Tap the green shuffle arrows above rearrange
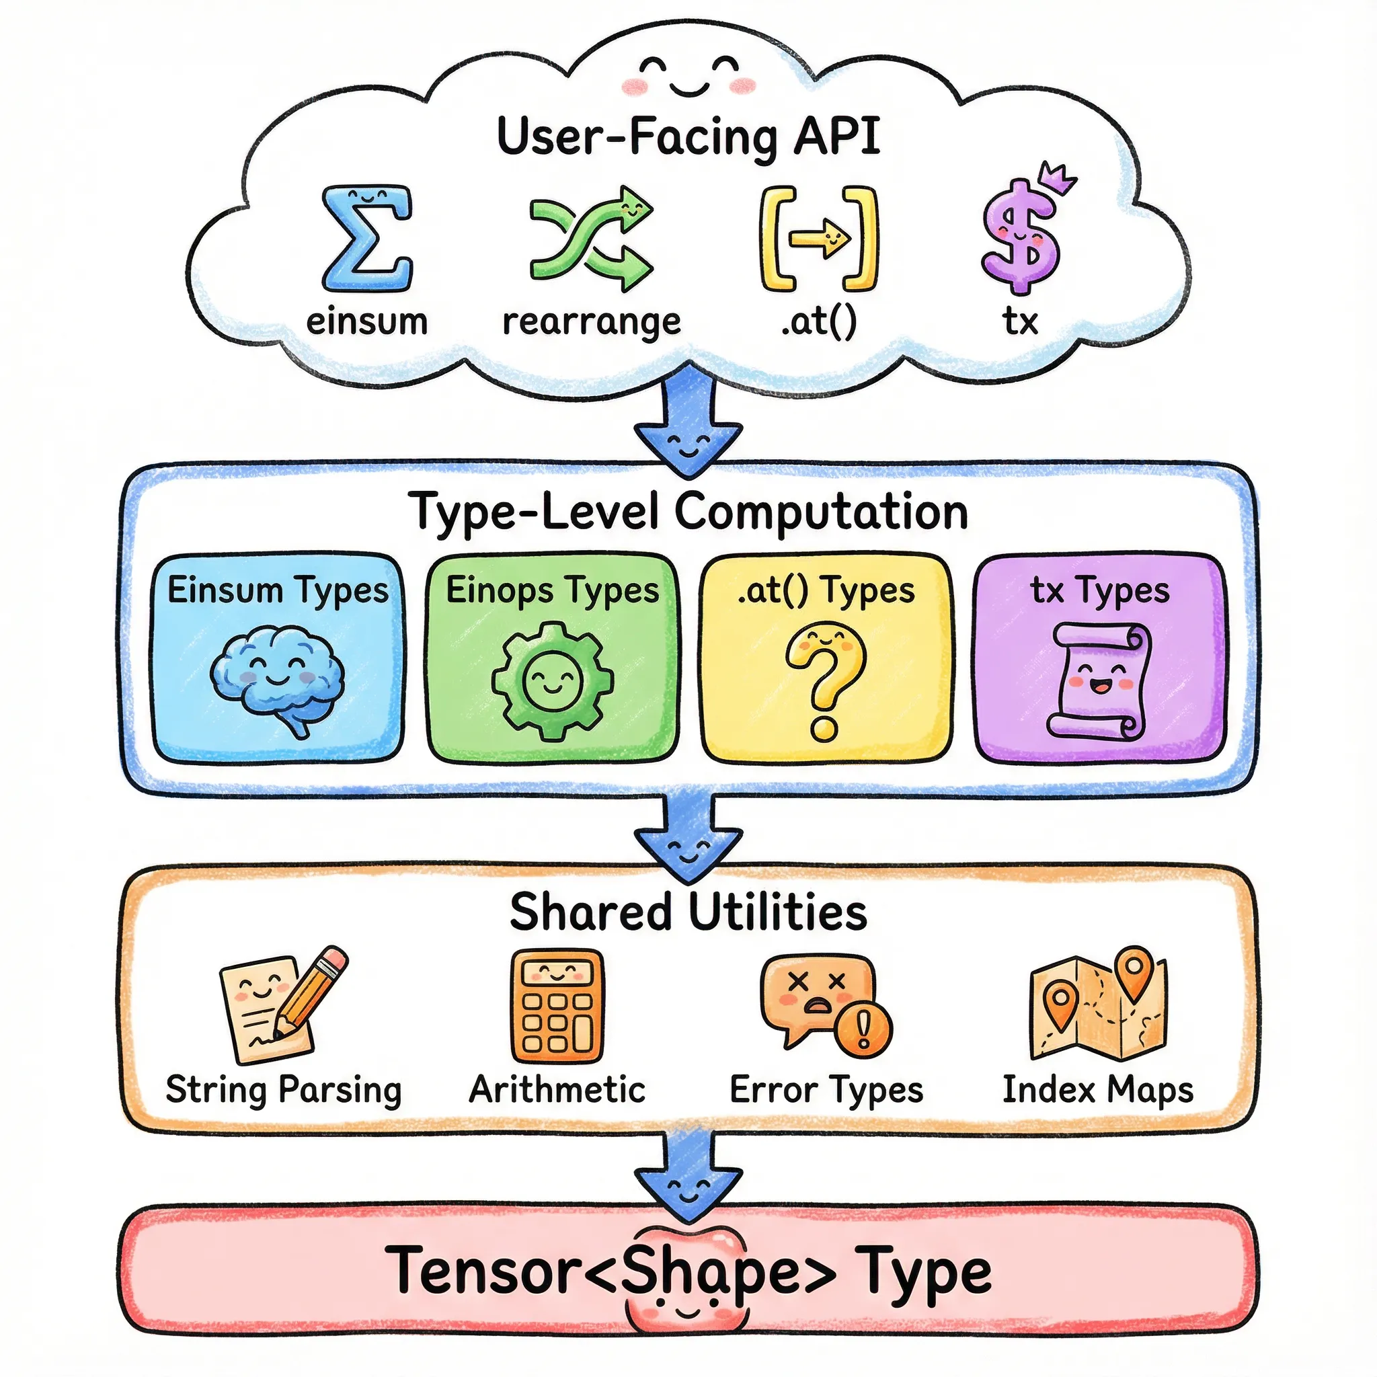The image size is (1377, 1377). [591, 239]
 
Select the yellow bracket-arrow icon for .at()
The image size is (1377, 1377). [818, 239]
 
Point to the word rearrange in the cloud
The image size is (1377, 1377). [592, 322]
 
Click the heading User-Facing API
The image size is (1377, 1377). [688, 137]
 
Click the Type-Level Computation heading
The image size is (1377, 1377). [688, 512]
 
